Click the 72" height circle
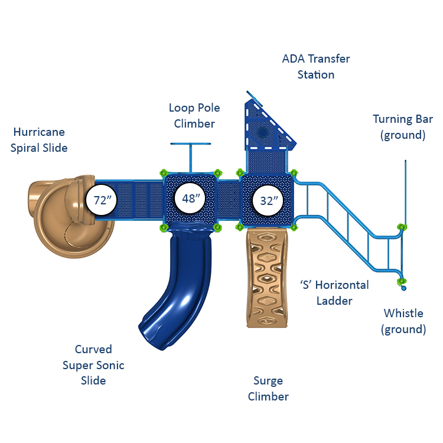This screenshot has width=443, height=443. tap(103, 200)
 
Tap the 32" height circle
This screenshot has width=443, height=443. tap(269, 200)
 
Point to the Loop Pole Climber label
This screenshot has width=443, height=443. tap(194, 115)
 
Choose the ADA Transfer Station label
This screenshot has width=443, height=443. tap(315, 67)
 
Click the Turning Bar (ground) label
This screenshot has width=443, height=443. tap(403, 127)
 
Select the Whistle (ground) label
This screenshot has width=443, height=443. tap(404, 321)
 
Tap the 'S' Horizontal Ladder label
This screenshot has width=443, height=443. tap(334, 293)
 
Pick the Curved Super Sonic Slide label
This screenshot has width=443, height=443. tap(93, 365)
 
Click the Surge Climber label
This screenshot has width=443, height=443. tap(268, 389)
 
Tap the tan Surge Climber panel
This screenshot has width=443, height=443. tap(268, 278)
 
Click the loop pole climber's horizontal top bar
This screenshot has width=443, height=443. tap(191, 144)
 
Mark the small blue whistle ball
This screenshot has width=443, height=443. tap(403, 289)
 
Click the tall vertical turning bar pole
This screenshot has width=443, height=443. tap(405, 189)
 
